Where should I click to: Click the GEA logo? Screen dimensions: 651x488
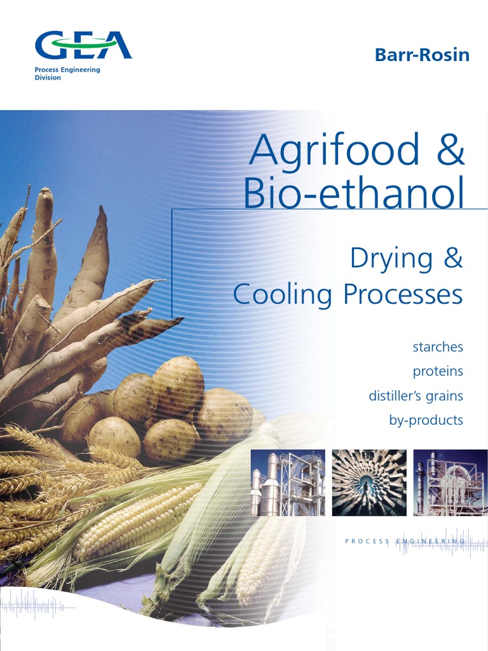click(83, 46)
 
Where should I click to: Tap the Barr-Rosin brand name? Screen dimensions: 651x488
click(422, 55)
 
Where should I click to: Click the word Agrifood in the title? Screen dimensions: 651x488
click(335, 151)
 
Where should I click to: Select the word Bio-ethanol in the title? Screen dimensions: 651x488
click(355, 195)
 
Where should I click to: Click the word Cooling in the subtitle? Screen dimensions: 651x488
click(283, 294)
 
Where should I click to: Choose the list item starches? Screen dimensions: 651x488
click(438, 347)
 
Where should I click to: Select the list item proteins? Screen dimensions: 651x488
click(438, 371)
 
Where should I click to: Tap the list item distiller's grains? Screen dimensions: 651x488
click(416, 396)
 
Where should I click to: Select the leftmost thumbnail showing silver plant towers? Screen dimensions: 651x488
click(288, 483)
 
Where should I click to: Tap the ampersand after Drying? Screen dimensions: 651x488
click(451, 259)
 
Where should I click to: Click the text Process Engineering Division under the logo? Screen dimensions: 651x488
click(67, 74)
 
